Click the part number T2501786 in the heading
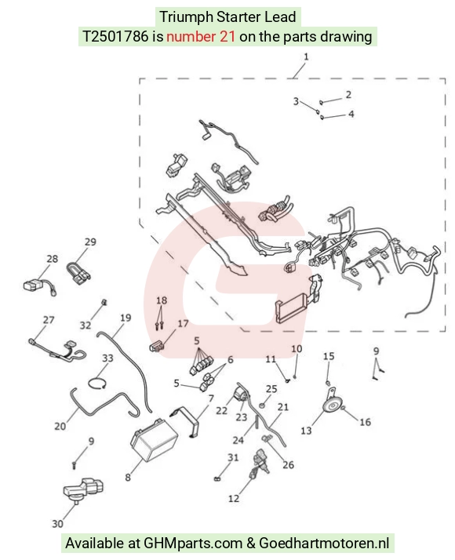(115, 36)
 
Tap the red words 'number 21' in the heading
(201, 36)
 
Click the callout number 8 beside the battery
(128, 477)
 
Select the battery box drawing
(154, 440)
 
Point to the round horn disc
(332, 406)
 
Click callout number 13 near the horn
(306, 431)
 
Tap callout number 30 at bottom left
(57, 524)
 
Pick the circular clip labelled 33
(97, 384)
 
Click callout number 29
(90, 242)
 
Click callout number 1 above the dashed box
(306, 56)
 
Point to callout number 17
(183, 324)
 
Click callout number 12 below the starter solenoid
(234, 498)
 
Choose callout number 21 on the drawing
(283, 407)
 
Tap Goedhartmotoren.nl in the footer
(324, 544)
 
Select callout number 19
(126, 318)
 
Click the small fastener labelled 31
(217, 478)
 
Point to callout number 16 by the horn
(365, 422)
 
